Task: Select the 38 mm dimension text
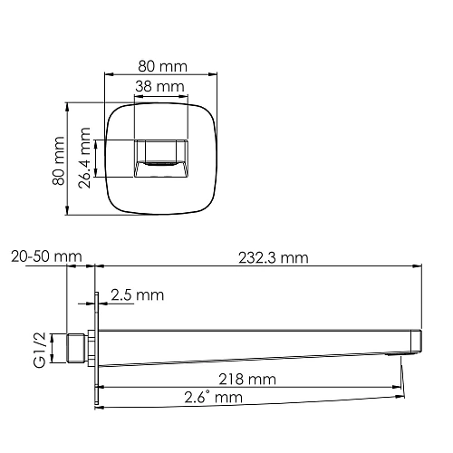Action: pyautogui.click(x=159, y=86)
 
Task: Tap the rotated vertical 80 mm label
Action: pyautogui.click(x=59, y=160)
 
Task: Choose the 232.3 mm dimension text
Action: pyautogui.click(x=270, y=258)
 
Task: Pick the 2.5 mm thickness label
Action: pyautogui.click(x=137, y=295)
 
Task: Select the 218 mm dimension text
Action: pyautogui.click(x=246, y=379)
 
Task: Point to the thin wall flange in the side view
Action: pyautogui.click(x=95, y=349)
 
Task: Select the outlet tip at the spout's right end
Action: pyautogui.click(x=415, y=342)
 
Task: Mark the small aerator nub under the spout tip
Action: pyautogui.click(x=400, y=356)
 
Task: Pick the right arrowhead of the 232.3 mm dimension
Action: pyautogui.click(x=419, y=266)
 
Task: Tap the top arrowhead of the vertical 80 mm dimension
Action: pyautogui.click(x=69, y=105)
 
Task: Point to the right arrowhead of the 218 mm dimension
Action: pyautogui.click(x=400, y=386)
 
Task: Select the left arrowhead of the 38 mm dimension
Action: pyautogui.click(x=137, y=95)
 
